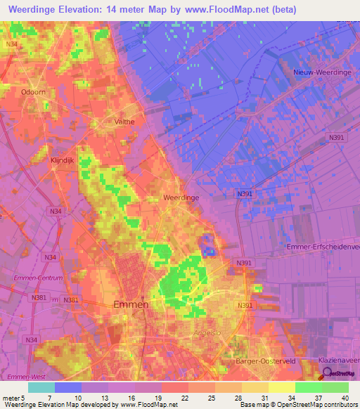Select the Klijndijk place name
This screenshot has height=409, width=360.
pos(62,160)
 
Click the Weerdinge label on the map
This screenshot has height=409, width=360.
pos(181,198)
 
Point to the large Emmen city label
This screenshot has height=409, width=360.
pos(131,304)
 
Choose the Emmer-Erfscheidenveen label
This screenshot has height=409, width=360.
pos(323,247)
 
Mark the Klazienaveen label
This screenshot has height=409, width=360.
pos(338,360)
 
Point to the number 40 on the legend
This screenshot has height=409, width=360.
pos(344,397)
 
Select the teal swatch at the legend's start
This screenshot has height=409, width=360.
pos(41,387)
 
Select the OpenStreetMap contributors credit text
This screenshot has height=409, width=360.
pos(316,404)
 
